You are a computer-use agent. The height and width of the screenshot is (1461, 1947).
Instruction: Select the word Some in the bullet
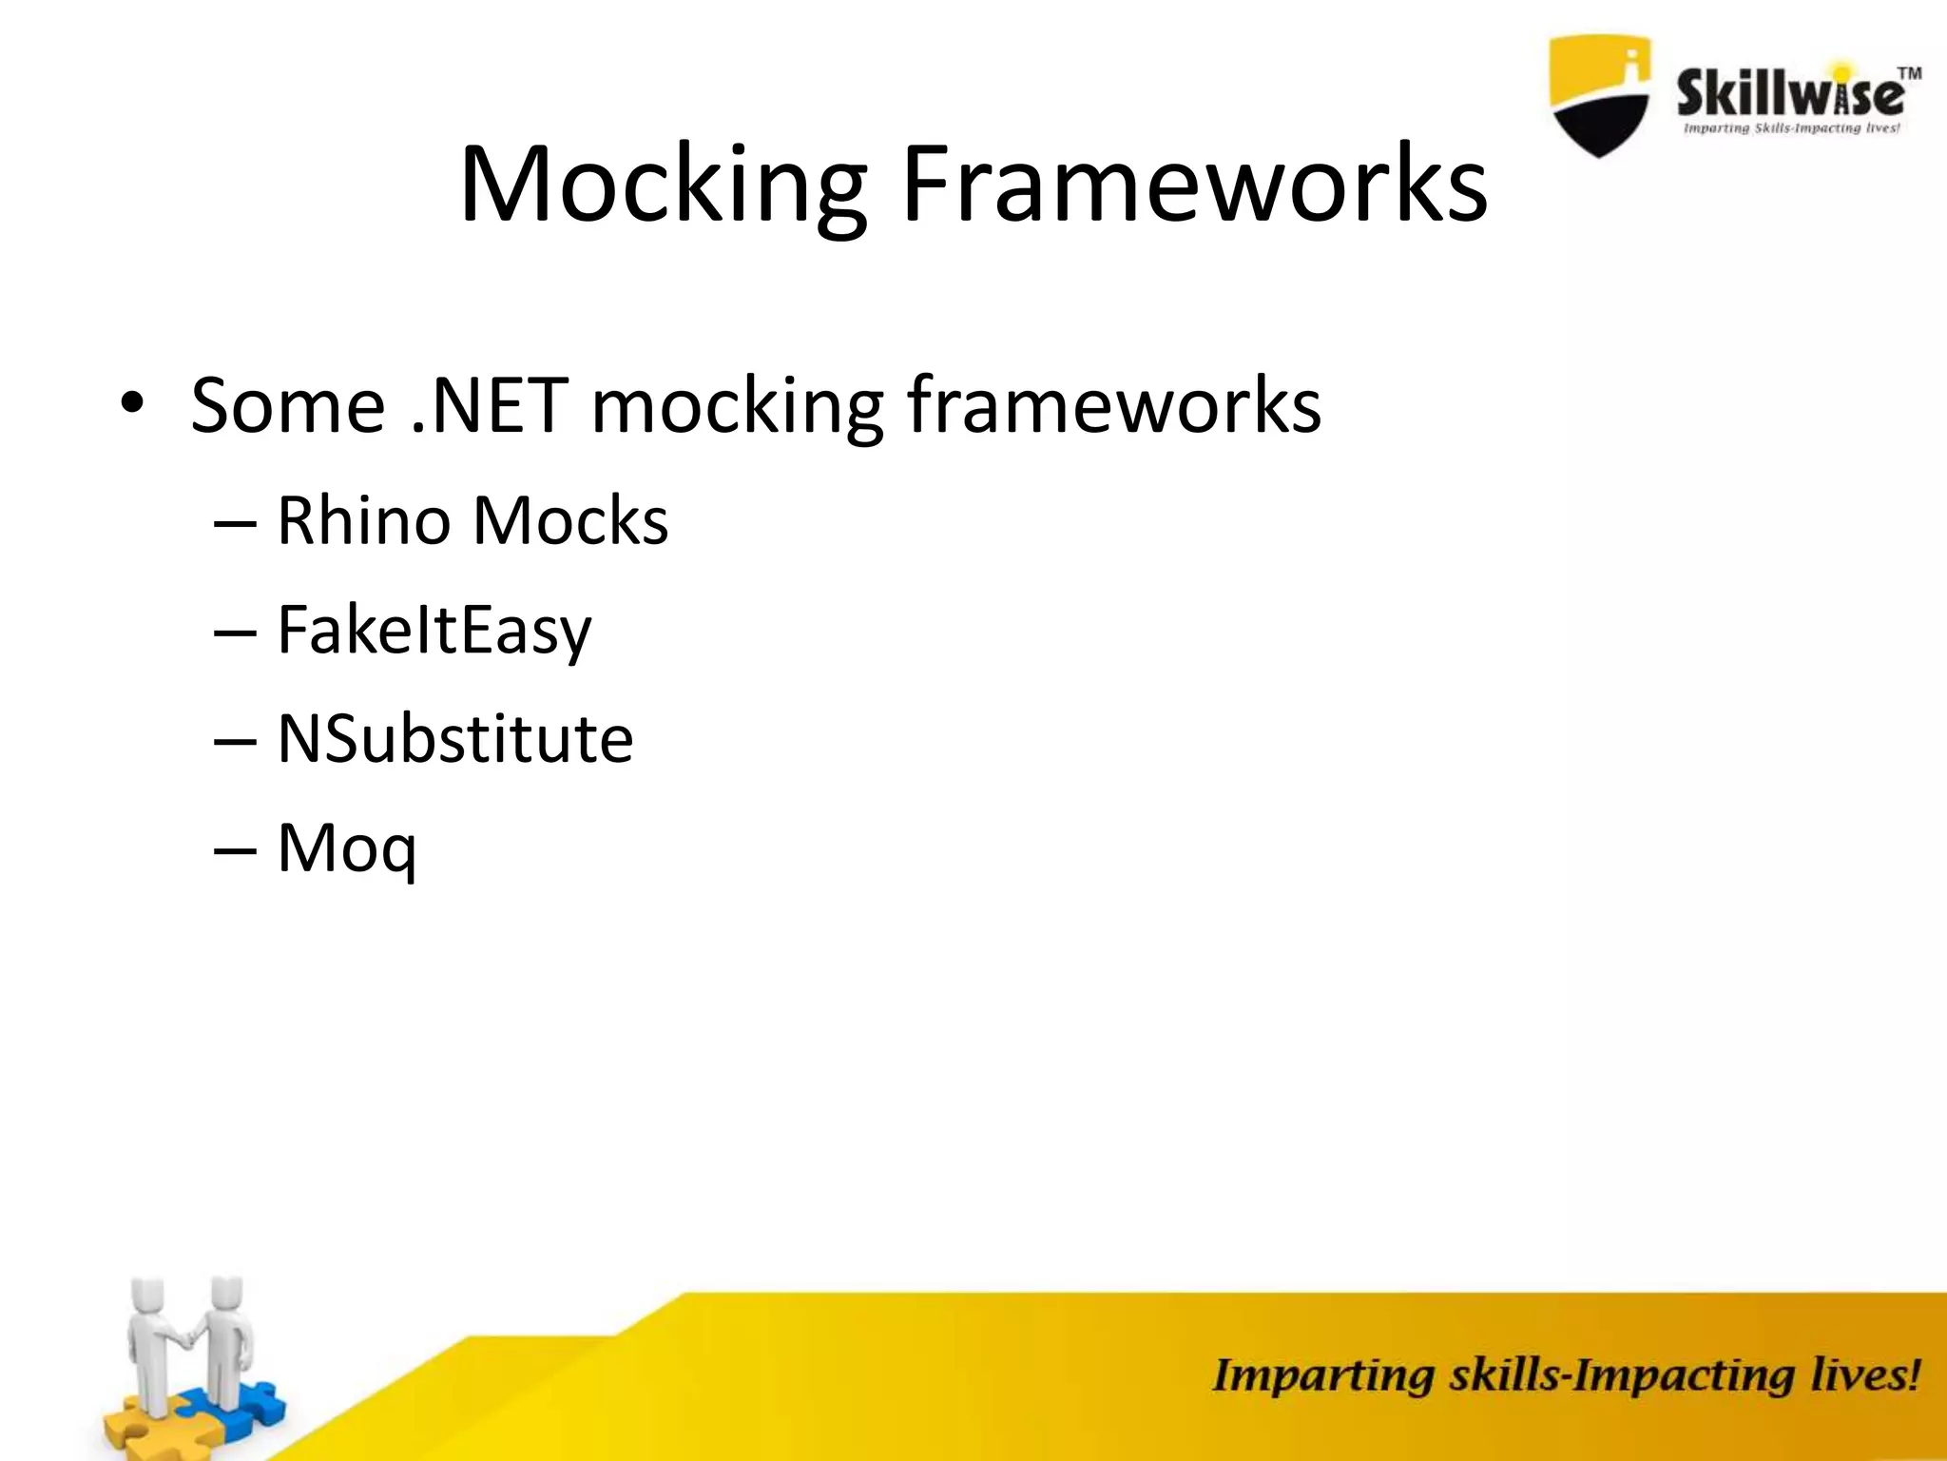click(287, 405)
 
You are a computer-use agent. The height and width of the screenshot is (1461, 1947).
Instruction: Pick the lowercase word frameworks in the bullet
click(1112, 405)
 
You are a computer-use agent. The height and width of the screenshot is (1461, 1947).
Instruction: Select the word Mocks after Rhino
click(570, 521)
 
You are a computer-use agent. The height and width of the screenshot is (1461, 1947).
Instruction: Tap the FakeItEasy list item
click(434, 631)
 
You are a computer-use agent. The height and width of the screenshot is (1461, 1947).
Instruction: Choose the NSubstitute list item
click(454, 739)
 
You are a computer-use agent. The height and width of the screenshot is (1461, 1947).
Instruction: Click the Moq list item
click(346, 848)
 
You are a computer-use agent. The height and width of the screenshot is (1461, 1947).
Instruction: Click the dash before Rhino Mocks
click(235, 523)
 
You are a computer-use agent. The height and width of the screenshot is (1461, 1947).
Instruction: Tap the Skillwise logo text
click(1787, 95)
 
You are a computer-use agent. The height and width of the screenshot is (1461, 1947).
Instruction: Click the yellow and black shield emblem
click(1600, 95)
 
